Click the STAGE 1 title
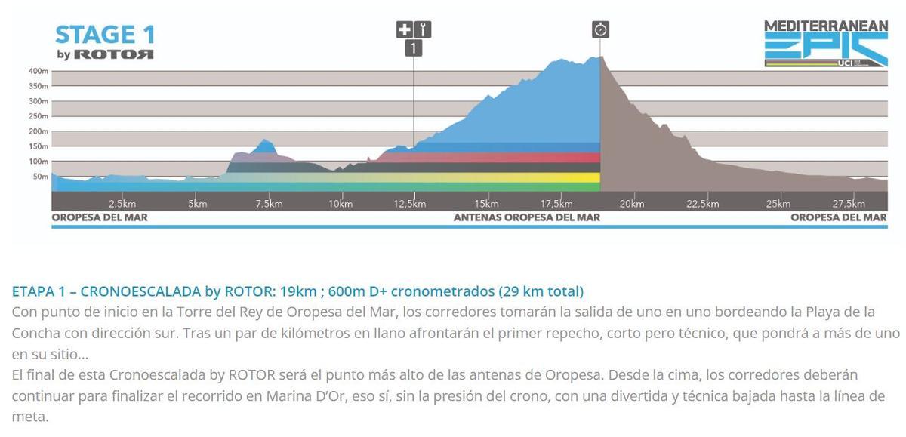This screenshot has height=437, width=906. pyautogui.click(x=105, y=35)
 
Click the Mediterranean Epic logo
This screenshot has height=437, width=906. pyautogui.click(x=826, y=44)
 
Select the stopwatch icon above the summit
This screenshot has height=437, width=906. pyautogui.click(x=600, y=29)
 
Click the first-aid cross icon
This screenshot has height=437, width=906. pyautogui.click(x=405, y=30)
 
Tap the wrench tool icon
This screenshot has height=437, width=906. pyautogui.click(x=423, y=30)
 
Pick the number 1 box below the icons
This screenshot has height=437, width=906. pyautogui.click(x=413, y=48)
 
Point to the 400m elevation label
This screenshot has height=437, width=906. pyautogui.click(x=39, y=71)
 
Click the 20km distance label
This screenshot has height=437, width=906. pyautogui.click(x=631, y=204)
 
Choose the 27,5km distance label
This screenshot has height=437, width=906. pyautogui.click(x=848, y=204)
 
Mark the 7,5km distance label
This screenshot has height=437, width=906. pyautogui.click(x=269, y=204)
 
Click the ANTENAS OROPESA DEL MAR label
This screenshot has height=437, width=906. pyautogui.click(x=526, y=217)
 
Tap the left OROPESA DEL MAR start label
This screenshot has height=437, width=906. pyautogui.click(x=100, y=217)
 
